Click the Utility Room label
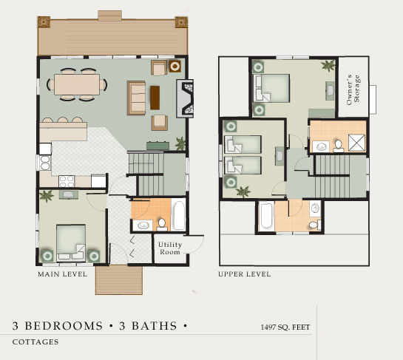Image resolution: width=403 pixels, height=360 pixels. (x=170, y=248)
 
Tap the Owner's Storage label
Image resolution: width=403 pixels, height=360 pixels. (x=353, y=89)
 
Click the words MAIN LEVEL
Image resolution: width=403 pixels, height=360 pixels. (x=62, y=274)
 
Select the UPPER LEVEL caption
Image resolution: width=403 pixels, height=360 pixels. (x=245, y=274)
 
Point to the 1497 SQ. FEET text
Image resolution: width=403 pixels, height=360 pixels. (x=285, y=327)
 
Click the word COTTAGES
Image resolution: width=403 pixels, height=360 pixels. (x=35, y=342)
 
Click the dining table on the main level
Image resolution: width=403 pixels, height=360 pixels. (x=77, y=84)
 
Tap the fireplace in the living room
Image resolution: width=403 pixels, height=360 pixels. (x=185, y=98)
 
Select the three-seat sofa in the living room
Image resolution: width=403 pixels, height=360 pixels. (x=137, y=98)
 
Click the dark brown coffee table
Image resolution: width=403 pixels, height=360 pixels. (x=155, y=98)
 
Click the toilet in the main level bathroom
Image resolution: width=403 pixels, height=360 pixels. (x=162, y=224)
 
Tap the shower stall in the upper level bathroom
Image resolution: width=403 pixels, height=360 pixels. (x=356, y=143)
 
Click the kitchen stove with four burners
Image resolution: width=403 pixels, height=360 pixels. (x=67, y=181)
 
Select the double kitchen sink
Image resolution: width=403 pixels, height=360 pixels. (x=45, y=163)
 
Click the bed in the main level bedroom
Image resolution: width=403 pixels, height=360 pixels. (x=71, y=242)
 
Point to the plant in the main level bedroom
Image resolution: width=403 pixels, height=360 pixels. (x=47, y=196)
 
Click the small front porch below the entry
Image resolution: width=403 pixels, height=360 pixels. (x=119, y=280)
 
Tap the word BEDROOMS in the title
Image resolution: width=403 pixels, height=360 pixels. (x=64, y=326)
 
